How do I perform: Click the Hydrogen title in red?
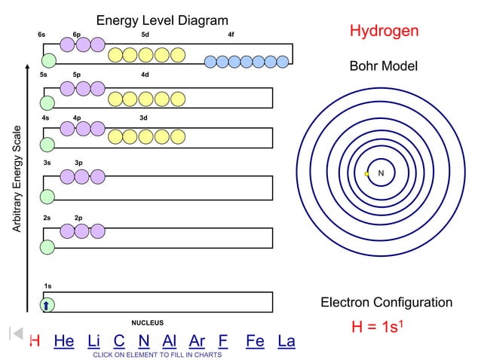[384, 32]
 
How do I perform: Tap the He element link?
[64, 342]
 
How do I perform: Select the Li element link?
[94, 342]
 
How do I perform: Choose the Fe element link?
[255, 342]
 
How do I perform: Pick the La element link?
[286, 342]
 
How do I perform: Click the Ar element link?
[197, 342]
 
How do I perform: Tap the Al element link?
[169, 342]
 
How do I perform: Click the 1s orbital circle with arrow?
[47, 304]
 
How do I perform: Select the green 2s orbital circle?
[47, 247]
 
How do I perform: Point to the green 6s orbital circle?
[48, 60]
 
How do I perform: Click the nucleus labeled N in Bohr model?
[381, 174]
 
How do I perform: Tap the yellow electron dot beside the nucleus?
[366, 174]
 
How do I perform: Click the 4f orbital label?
[231, 35]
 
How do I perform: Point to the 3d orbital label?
[143, 117]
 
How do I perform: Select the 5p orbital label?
[77, 75]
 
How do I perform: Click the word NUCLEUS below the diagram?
[147, 322]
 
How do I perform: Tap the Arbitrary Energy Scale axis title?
[17, 178]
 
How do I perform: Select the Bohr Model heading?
[383, 67]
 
